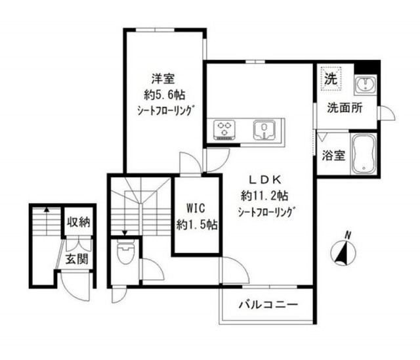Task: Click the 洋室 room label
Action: pyautogui.click(x=163, y=79)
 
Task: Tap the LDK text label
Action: pyautogui.click(x=265, y=180)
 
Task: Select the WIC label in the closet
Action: pyautogui.click(x=196, y=208)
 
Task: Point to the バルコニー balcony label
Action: pyautogui.click(x=268, y=305)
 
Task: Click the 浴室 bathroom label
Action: pyautogui.click(x=333, y=155)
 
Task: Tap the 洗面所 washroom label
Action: pyautogui.click(x=345, y=108)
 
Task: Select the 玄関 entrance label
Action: pyautogui.click(x=77, y=259)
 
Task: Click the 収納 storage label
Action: pyautogui.click(x=79, y=222)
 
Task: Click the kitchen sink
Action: pyautogui.click(x=264, y=130)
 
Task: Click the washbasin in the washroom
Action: pyautogui.click(x=365, y=85)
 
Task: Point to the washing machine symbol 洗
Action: pyautogui.click(x=330, y=79)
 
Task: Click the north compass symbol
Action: pyautogui.click(x=343, y=253)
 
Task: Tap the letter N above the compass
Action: pyautogui.click(x=348, y=236)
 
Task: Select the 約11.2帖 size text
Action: pyautogui.click(x=264, y=196)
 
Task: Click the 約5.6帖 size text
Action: pyautogui.click(x=165, y=95)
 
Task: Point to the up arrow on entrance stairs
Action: pyautogui.click(x=47, y=221)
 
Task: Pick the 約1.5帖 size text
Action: pyautogui.click(x=197, y=225)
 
